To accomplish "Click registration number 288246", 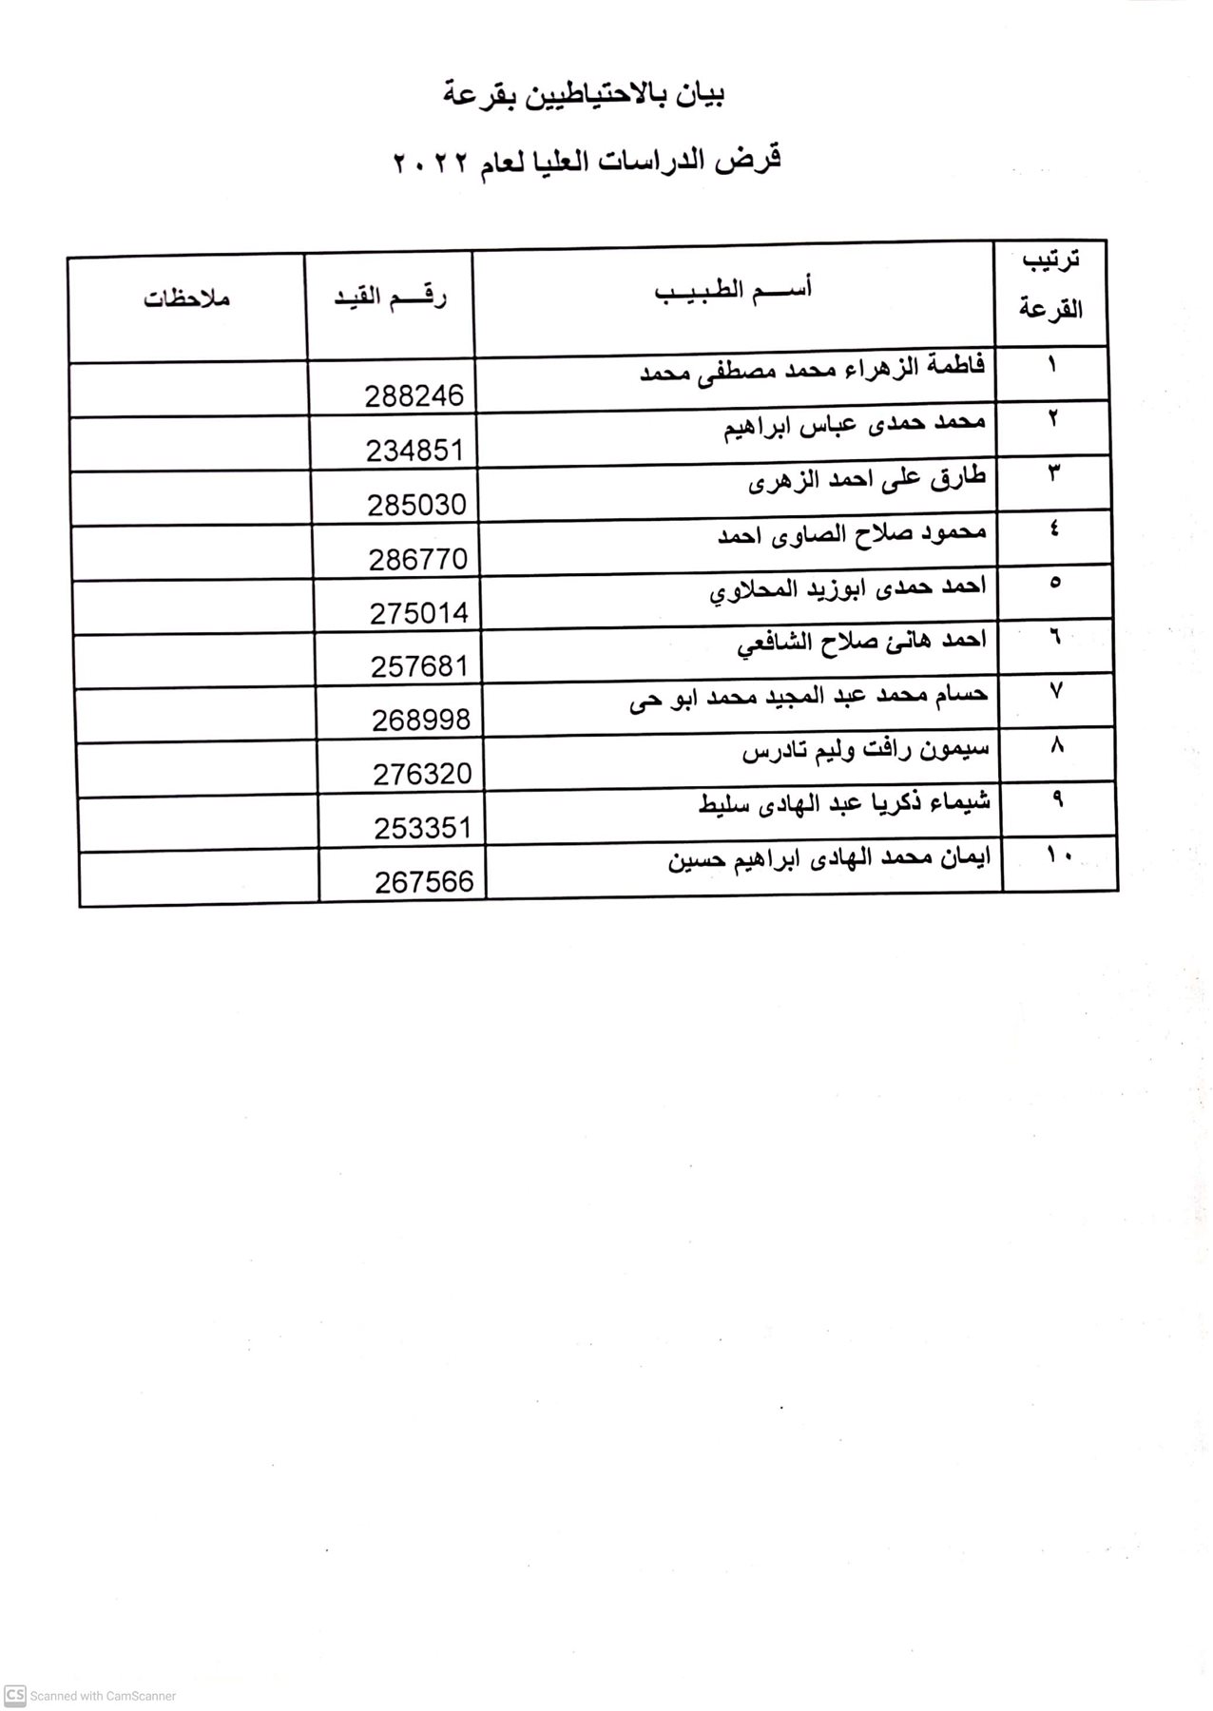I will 414,395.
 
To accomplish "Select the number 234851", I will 414,450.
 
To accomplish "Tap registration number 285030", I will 416,504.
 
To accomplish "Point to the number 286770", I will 418,558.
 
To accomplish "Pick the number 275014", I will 419,612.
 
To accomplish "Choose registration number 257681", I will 420,665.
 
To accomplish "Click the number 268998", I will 421,720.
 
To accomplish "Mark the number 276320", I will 422,774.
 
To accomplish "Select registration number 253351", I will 423,828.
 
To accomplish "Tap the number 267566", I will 424,882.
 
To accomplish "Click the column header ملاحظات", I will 187,298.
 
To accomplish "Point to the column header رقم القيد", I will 391,297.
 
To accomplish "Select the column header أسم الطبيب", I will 733,291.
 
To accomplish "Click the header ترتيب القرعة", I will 1050,285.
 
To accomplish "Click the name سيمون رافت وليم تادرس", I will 865,750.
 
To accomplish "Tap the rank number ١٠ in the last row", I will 1059,855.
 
